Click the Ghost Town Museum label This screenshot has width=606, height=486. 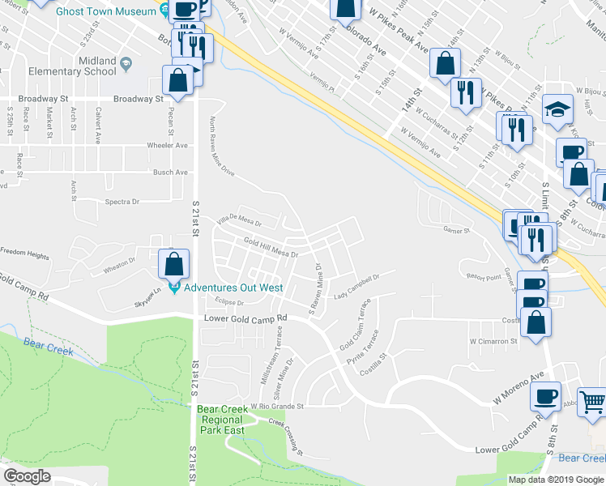(105, 12)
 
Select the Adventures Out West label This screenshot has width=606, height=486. (232, 288)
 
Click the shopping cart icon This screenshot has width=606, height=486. (592, 402)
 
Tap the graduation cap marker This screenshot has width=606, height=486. (557, 109)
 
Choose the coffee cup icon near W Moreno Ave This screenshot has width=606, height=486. (545, 396)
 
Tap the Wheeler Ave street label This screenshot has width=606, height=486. (167, 146)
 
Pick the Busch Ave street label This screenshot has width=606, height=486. (170, 173)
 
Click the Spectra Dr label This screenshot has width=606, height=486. (122, 202)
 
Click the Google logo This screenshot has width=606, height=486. (27, 476)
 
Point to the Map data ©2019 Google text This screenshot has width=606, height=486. (555, 480)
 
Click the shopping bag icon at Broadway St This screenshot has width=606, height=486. (178, 79)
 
